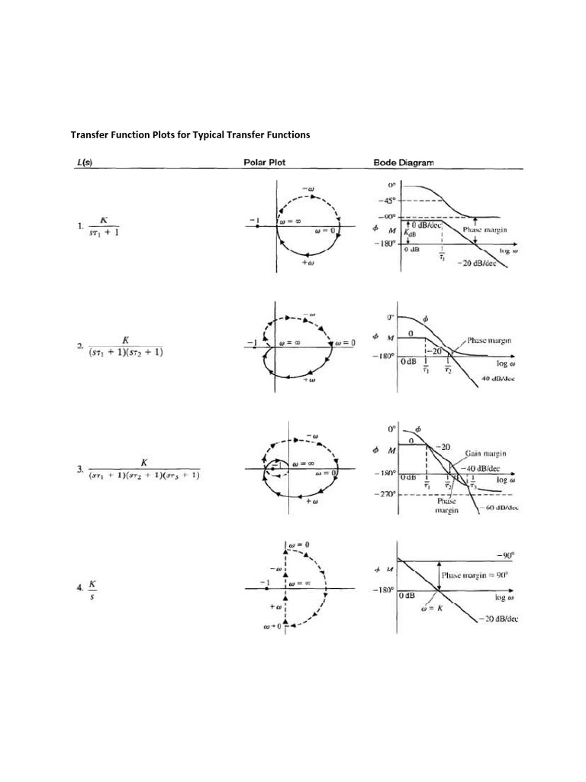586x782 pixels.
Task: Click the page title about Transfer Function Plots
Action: (x=191, y=134)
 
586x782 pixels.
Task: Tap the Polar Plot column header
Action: (x=265, y=162)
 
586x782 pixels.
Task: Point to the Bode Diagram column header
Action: (x=404, y=162)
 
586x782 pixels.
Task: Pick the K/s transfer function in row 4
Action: (x=92, y=589)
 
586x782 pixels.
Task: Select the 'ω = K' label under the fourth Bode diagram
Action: (x=436, y=608)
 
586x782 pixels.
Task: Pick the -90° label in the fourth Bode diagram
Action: (x=506, y=556)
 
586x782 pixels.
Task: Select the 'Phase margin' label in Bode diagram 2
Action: (x=488, y=340)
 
